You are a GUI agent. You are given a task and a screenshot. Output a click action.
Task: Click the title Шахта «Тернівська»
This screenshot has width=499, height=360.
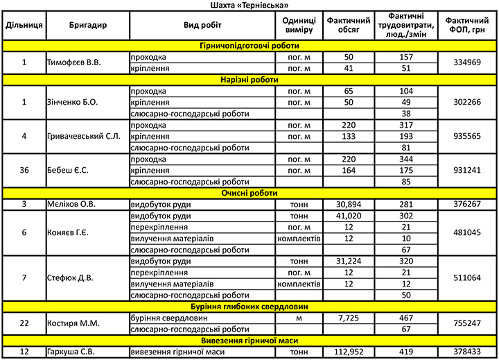tap(249, 5)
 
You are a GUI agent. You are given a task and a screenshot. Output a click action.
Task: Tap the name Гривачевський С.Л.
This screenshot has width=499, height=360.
tap(83, 136)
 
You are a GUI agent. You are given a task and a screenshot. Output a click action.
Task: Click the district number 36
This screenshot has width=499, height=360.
tap(24, 170)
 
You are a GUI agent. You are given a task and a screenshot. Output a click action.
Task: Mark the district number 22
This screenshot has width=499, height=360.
tap(24, 323)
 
